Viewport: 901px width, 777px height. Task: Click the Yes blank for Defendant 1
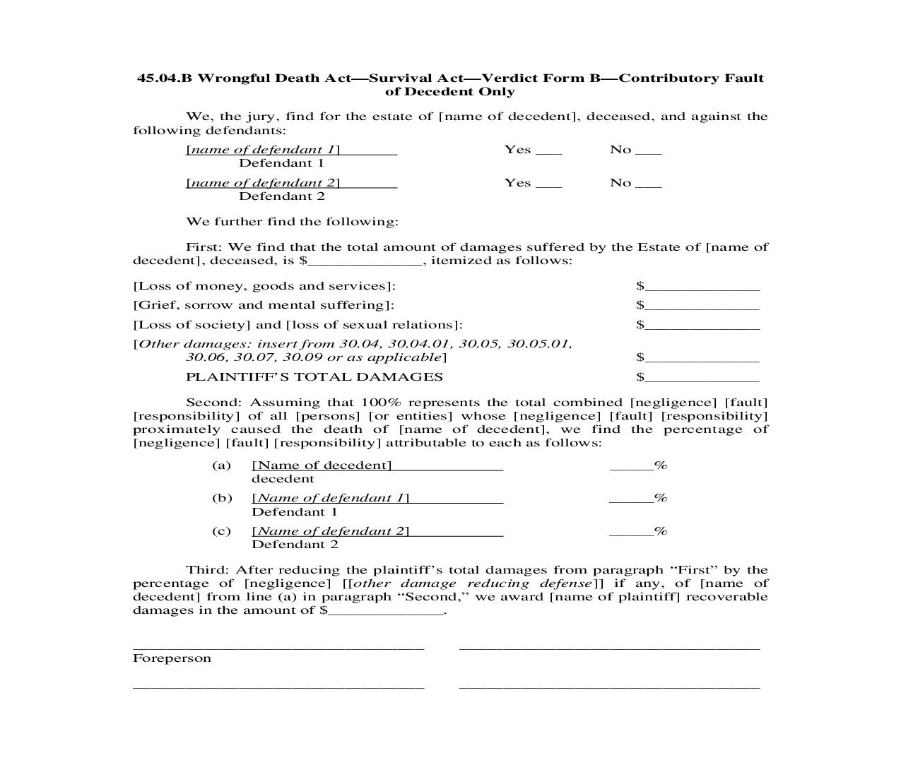pyautogui.click(x=549, y=151)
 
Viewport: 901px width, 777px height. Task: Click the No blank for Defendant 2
pyautogui.click(x=649, y=184)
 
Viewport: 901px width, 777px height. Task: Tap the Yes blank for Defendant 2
pyautogui.click(x=549, y=184)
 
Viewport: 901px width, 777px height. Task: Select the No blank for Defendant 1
pyautogui.click(x=649, y=151)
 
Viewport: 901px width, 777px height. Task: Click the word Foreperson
pyautogui.click(x=172, y=658)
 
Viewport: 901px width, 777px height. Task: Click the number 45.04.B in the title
pyautogui.click(x=164, y=78)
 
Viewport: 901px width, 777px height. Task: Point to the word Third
pyautogui.click(x=206, y=570)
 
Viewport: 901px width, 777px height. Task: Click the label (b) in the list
pyautogui.click(x=222, y=498)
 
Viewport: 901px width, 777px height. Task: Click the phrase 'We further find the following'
pyautogui.click(x=292, y=222)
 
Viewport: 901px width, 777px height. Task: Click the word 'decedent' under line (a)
pyautogui.click(x=283, y=479)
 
